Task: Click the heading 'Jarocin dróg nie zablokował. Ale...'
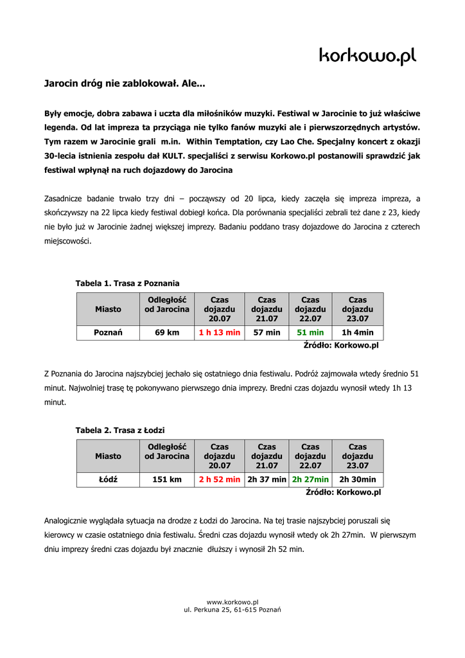125,84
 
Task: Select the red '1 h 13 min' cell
220,333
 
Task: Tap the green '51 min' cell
310,333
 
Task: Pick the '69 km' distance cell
167,333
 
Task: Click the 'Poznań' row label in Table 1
108,333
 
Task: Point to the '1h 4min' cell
358,333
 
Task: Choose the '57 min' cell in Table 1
267,333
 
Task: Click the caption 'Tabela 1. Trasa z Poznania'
127,283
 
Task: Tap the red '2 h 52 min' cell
220,479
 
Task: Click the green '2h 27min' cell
310,479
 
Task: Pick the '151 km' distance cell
167,479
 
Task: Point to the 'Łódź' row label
108,479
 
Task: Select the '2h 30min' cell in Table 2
358,479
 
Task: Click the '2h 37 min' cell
267,479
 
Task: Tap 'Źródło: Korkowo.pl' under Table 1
341,345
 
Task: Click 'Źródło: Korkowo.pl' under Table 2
343,492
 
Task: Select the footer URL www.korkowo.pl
232,601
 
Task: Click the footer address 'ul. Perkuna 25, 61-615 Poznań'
232,609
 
